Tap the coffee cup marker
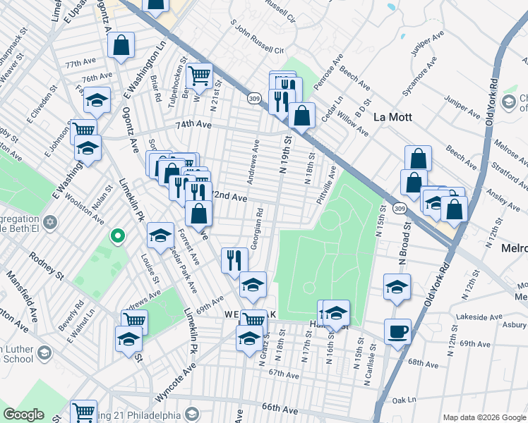click(x=397, y=331)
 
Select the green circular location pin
click(x=118, y=235)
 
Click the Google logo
click(x=23, y=415)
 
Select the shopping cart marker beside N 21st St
click(x=200, y=74)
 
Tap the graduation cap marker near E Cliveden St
click(x=97, y=101)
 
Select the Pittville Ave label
click(x=327, y=182)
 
